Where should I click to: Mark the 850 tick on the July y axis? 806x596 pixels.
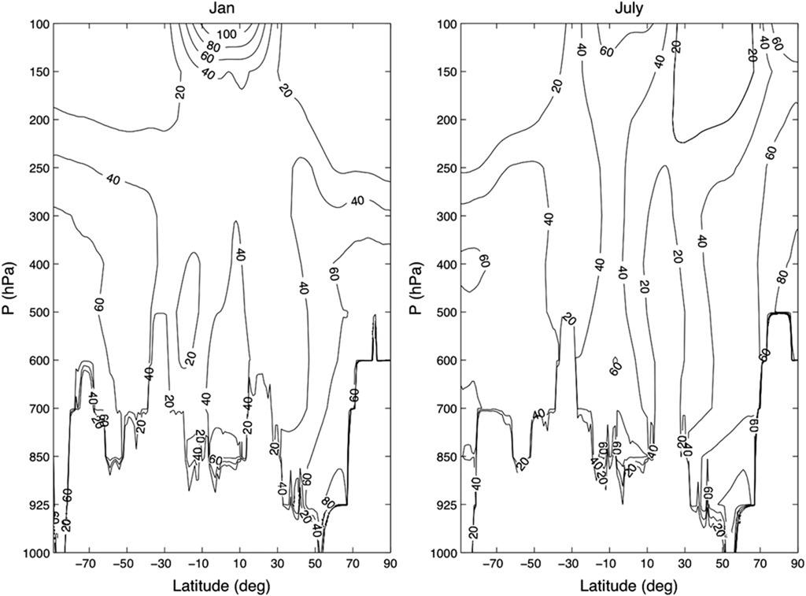443,457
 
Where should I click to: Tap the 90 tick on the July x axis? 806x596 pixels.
797,565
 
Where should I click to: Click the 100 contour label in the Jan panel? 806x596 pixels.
228,35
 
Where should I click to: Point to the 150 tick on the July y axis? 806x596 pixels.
443,72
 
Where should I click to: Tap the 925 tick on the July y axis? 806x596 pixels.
443,505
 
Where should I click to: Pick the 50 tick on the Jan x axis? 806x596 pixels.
315,565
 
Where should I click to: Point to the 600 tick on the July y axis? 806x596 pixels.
443,361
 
